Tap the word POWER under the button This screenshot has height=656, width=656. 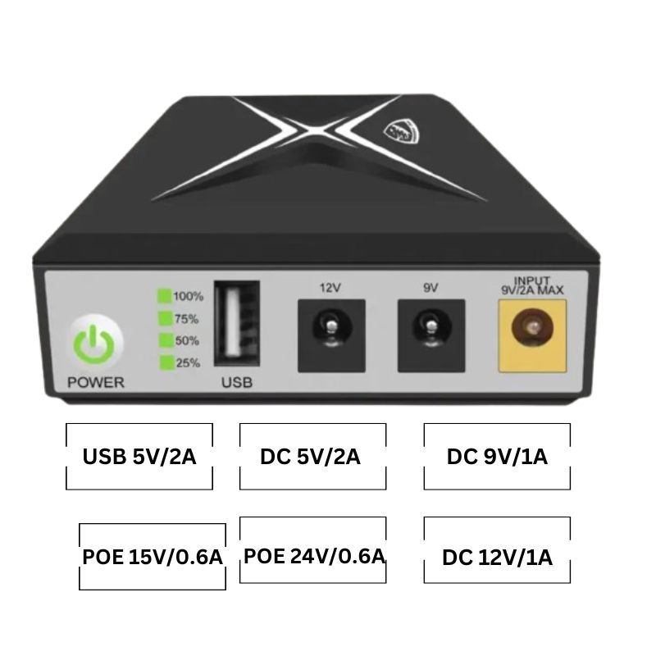pos(96,382)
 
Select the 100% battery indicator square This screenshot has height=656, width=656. pos(164,296)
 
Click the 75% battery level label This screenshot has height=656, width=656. pos(187,318)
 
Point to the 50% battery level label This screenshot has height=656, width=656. pos(187,340)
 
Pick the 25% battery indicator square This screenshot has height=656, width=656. pos(164,362)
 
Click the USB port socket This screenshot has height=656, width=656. pos(236,323)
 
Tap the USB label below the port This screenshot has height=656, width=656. pos(237,382)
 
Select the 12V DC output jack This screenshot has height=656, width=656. pos(330,334)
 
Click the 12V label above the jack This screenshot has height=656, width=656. pos(330,288)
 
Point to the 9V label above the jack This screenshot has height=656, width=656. pos(430,288)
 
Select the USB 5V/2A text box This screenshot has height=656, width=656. pos(139,457)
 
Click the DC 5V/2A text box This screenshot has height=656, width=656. pos(312,457)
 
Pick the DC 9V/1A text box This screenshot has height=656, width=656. pos(497,457)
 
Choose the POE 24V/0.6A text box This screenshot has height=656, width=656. pos(313,556)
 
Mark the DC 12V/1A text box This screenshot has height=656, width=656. pos(497,558)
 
